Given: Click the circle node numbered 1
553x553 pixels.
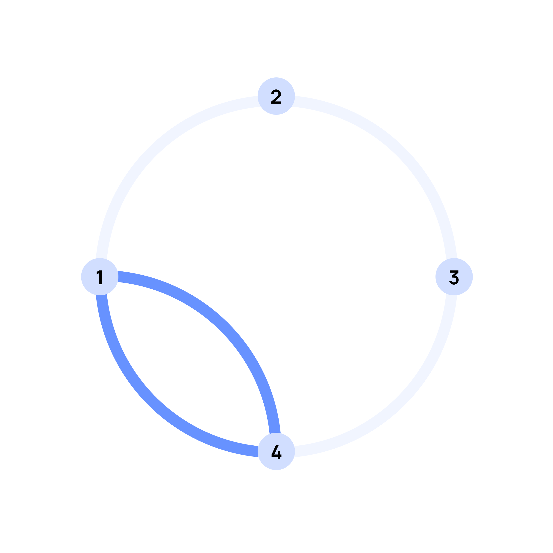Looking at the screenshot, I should [x=100, y=277].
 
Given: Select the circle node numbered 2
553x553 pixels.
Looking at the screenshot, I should [x=276, y=96].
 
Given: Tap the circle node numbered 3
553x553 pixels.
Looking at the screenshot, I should [x=454, y=277].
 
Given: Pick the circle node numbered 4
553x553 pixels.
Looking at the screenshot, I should [x=276, y=451].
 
